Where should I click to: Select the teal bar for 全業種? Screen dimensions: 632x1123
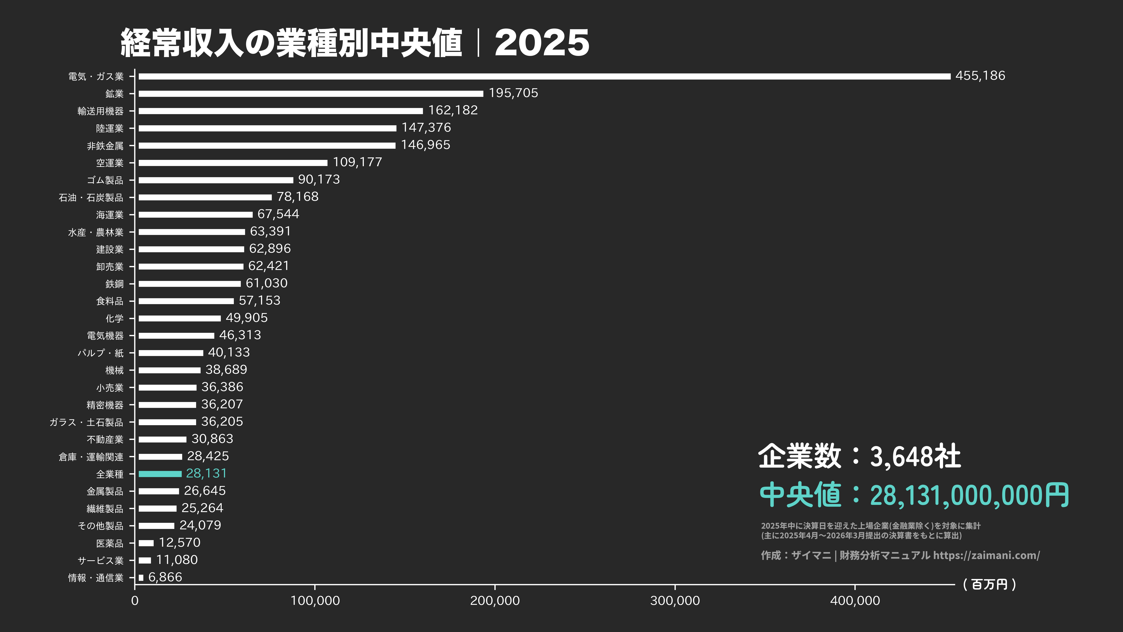[x=160, y=474]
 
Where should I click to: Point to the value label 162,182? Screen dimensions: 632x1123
[x=453, y=110]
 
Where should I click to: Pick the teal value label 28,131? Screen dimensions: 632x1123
[x=206, y=473]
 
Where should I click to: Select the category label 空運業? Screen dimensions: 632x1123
[x=110, y=163]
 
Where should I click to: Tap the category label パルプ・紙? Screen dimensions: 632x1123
[x=101, y=353]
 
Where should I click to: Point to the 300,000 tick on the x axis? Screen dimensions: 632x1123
[x=675, y=601]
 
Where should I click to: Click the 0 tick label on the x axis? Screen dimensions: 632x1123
[x=135, y=601]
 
